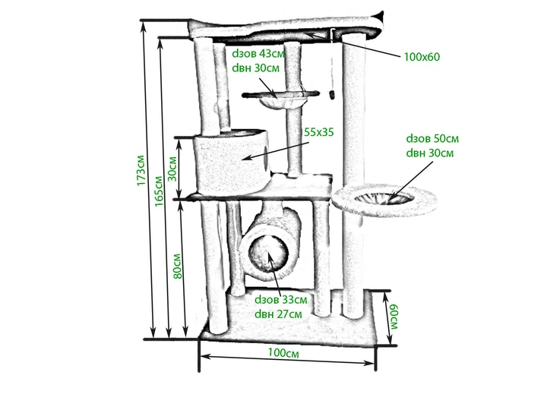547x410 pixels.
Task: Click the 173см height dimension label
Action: point(141,170)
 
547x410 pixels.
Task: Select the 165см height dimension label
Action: point(159,191)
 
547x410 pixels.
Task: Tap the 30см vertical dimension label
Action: point(173,169)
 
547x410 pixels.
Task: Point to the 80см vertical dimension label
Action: point(178,266)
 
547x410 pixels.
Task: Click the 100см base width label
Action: point(283,353)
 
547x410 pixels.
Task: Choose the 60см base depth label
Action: point(394,317)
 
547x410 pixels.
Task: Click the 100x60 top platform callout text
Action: point(422,56)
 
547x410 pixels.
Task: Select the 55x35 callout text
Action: point(319,132)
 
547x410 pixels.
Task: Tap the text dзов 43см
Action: point(258,53)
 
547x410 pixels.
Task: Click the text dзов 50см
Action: point(432,138)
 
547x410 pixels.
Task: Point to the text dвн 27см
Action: point(278,314)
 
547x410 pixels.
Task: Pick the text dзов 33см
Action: point(281,299)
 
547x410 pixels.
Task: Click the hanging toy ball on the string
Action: point(331,94)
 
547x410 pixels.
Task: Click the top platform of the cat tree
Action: point(284,29)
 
